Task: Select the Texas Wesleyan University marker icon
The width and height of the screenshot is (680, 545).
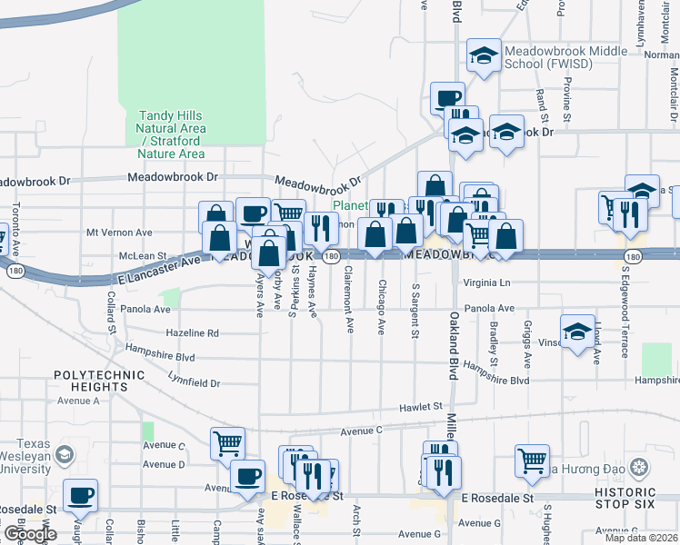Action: click(x=65, y=453)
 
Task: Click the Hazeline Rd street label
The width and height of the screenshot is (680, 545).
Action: click(x=194, y=333)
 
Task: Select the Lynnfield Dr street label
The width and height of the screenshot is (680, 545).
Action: click(x=194, y=382)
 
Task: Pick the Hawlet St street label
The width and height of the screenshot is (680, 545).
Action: click(x=424, y=407)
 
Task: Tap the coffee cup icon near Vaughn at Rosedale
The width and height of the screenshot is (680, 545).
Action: click(x=81, y=495)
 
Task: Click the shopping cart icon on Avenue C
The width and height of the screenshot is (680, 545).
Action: click(x=227, y=443)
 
